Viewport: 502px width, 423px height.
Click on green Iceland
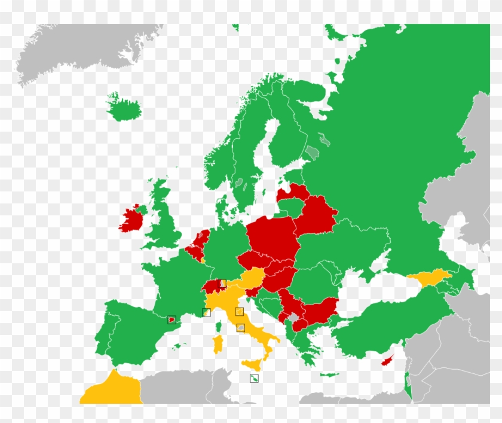(124, 109)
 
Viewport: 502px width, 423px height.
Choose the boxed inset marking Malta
(255, 378)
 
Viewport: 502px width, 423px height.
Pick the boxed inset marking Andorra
(172, 319)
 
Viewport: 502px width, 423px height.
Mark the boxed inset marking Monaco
(207, 312)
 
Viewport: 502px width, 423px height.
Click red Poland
(272, 237)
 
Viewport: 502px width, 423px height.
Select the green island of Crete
(329, 375)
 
